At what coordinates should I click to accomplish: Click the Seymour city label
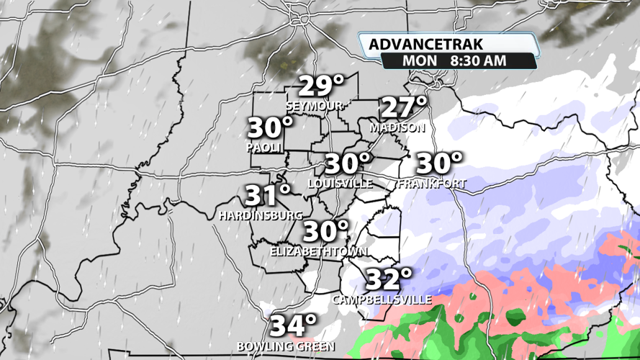pyautogui.click(x=315, y=106)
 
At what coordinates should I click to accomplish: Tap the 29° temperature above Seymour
pyautogui.click(x=321, y=86)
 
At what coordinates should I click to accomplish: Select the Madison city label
pyautogui.click(x=397, y=127)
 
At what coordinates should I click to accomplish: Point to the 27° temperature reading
pyautogui.click(x=403, y=108)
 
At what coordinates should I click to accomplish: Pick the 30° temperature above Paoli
pyautogui.click(x=270, y=128)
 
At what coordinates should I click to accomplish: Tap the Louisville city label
pyautogui.click(x=340, y=184)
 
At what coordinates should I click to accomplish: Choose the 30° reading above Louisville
pyautogui.click(x=347, y=164)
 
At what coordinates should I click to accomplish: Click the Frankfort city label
pyautogui.click(x=431, y=184)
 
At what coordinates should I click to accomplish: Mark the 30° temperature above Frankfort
pyautogui.click(x=438, y=163)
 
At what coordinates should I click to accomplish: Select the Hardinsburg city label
pyautogui.click(x=261, y=215)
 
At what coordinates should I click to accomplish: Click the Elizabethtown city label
pyautogui.click(x=318, y=252)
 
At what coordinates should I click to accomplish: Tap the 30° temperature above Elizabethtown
pyautogui.click(x=325, y=232)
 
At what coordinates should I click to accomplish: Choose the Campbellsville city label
pyautogui.click(x=382, y=299)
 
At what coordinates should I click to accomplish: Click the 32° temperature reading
pyautogui.click(x=389, y=279)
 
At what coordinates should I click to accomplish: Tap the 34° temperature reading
pyautogui.click(x=293, y=326)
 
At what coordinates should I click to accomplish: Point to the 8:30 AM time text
pyautogui.click(x=478, y=61)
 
